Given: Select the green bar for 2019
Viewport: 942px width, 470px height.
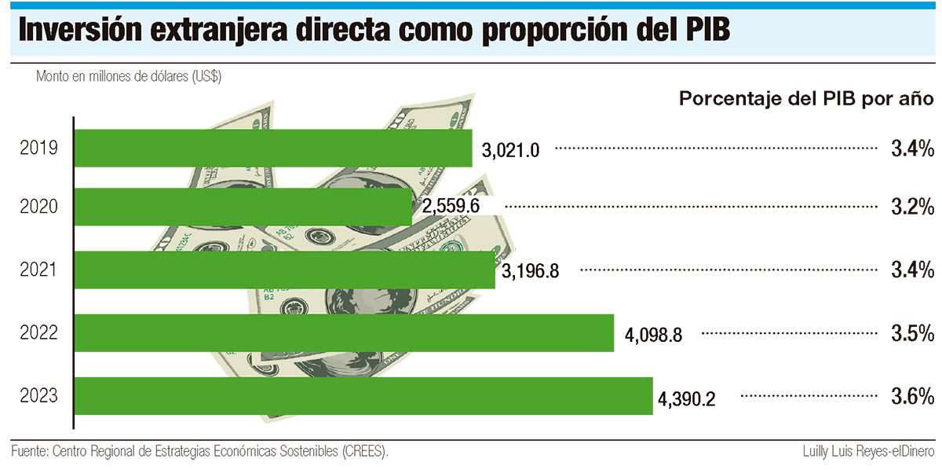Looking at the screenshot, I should coord(273,148).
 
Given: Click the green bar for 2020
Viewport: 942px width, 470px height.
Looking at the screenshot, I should coord(243,208).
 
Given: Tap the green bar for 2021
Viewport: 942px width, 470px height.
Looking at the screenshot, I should coord(285,270).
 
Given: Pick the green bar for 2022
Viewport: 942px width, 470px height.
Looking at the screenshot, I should coord(344,333).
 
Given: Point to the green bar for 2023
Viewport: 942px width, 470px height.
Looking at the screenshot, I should coord(363,395).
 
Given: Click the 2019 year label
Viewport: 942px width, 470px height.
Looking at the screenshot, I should coord(39,148).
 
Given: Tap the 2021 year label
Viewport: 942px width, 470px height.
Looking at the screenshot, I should coord(39,270).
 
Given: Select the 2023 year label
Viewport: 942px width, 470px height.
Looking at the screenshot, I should coord(39,395).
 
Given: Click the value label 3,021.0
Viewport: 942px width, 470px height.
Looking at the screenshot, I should coord(511,149).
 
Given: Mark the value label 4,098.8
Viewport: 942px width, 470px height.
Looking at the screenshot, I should coord(653,335).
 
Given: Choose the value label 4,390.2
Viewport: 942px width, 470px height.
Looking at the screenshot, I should coord(687,398).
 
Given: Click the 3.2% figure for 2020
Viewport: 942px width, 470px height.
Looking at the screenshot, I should coord(912,207).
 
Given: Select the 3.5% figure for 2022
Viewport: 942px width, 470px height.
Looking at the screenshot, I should coord(912,333).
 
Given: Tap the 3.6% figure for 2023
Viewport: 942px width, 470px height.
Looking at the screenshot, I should coord(912,395).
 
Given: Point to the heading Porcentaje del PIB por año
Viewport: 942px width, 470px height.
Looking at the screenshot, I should coord(805,100).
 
